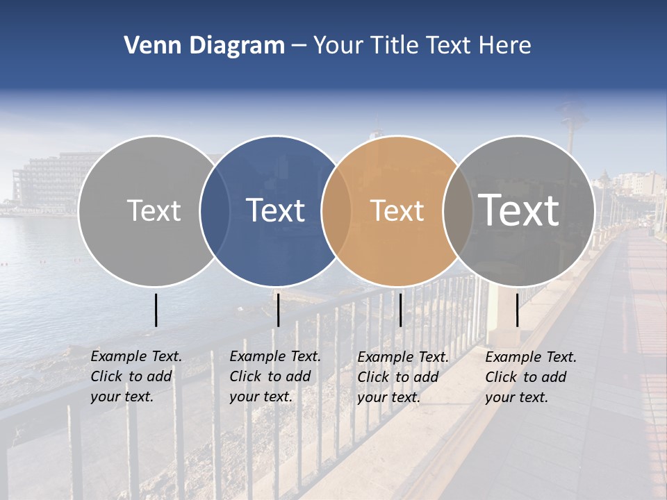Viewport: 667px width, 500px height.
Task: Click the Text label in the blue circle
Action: [276, 210]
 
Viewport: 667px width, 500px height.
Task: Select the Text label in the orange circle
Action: [397, 210]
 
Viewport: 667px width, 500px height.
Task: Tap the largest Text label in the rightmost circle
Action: [519, 210]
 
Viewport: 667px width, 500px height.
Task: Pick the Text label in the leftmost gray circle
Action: [154, 210]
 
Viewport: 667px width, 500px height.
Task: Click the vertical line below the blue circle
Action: [278, 310]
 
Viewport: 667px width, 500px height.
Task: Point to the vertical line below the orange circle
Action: [400, 310]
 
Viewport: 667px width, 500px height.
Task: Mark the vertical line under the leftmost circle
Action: [156, 310]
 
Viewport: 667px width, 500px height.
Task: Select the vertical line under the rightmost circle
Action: [517, 310]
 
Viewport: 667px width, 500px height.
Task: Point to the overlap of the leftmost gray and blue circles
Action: [215, 210]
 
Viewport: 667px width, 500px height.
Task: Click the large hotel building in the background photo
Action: [49, 181]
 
